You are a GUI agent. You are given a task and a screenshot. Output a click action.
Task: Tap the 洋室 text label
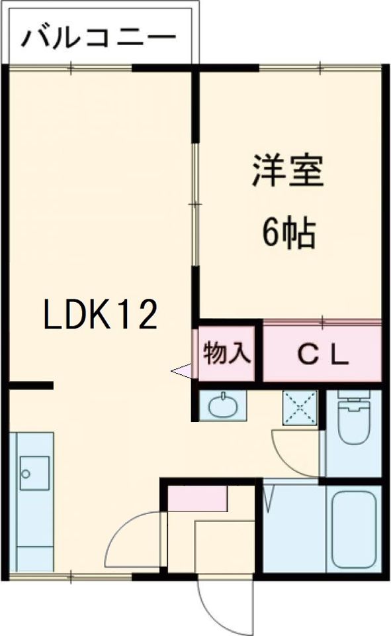pos(286,171)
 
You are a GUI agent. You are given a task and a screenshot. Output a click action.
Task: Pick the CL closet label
pos(322,356)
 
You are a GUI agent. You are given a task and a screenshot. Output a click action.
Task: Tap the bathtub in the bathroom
pos(356,528)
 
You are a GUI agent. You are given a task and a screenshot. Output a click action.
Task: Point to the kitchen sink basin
pos(34,472)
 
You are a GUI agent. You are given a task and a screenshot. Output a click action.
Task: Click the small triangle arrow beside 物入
pos(182,371)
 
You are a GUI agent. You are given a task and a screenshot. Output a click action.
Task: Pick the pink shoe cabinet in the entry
pos(196,498)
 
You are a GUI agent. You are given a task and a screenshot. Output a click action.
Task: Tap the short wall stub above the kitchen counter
pos(30,386)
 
